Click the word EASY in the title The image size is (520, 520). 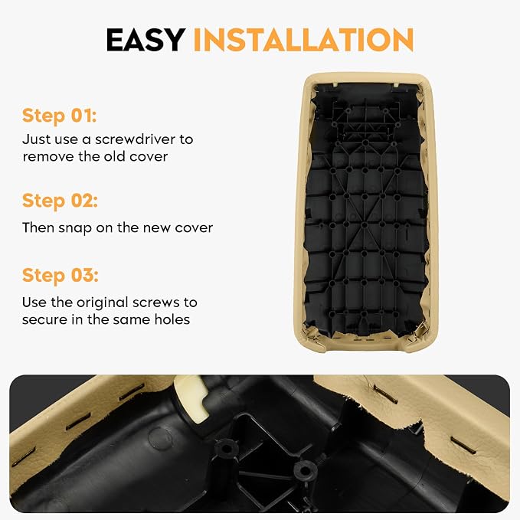tap(146, 40)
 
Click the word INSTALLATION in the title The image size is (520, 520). tap(303, 40)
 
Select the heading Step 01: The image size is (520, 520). tap(60, 116)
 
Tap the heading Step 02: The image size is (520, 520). tap(60, 201)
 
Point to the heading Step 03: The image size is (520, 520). tap(61, 276)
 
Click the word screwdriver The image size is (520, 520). tap(136, 139)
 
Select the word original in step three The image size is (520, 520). tap(103, 303)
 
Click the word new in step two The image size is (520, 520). tap(156, 228)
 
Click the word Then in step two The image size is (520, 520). tap(38, 227)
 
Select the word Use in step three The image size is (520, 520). tap(34, 302)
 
